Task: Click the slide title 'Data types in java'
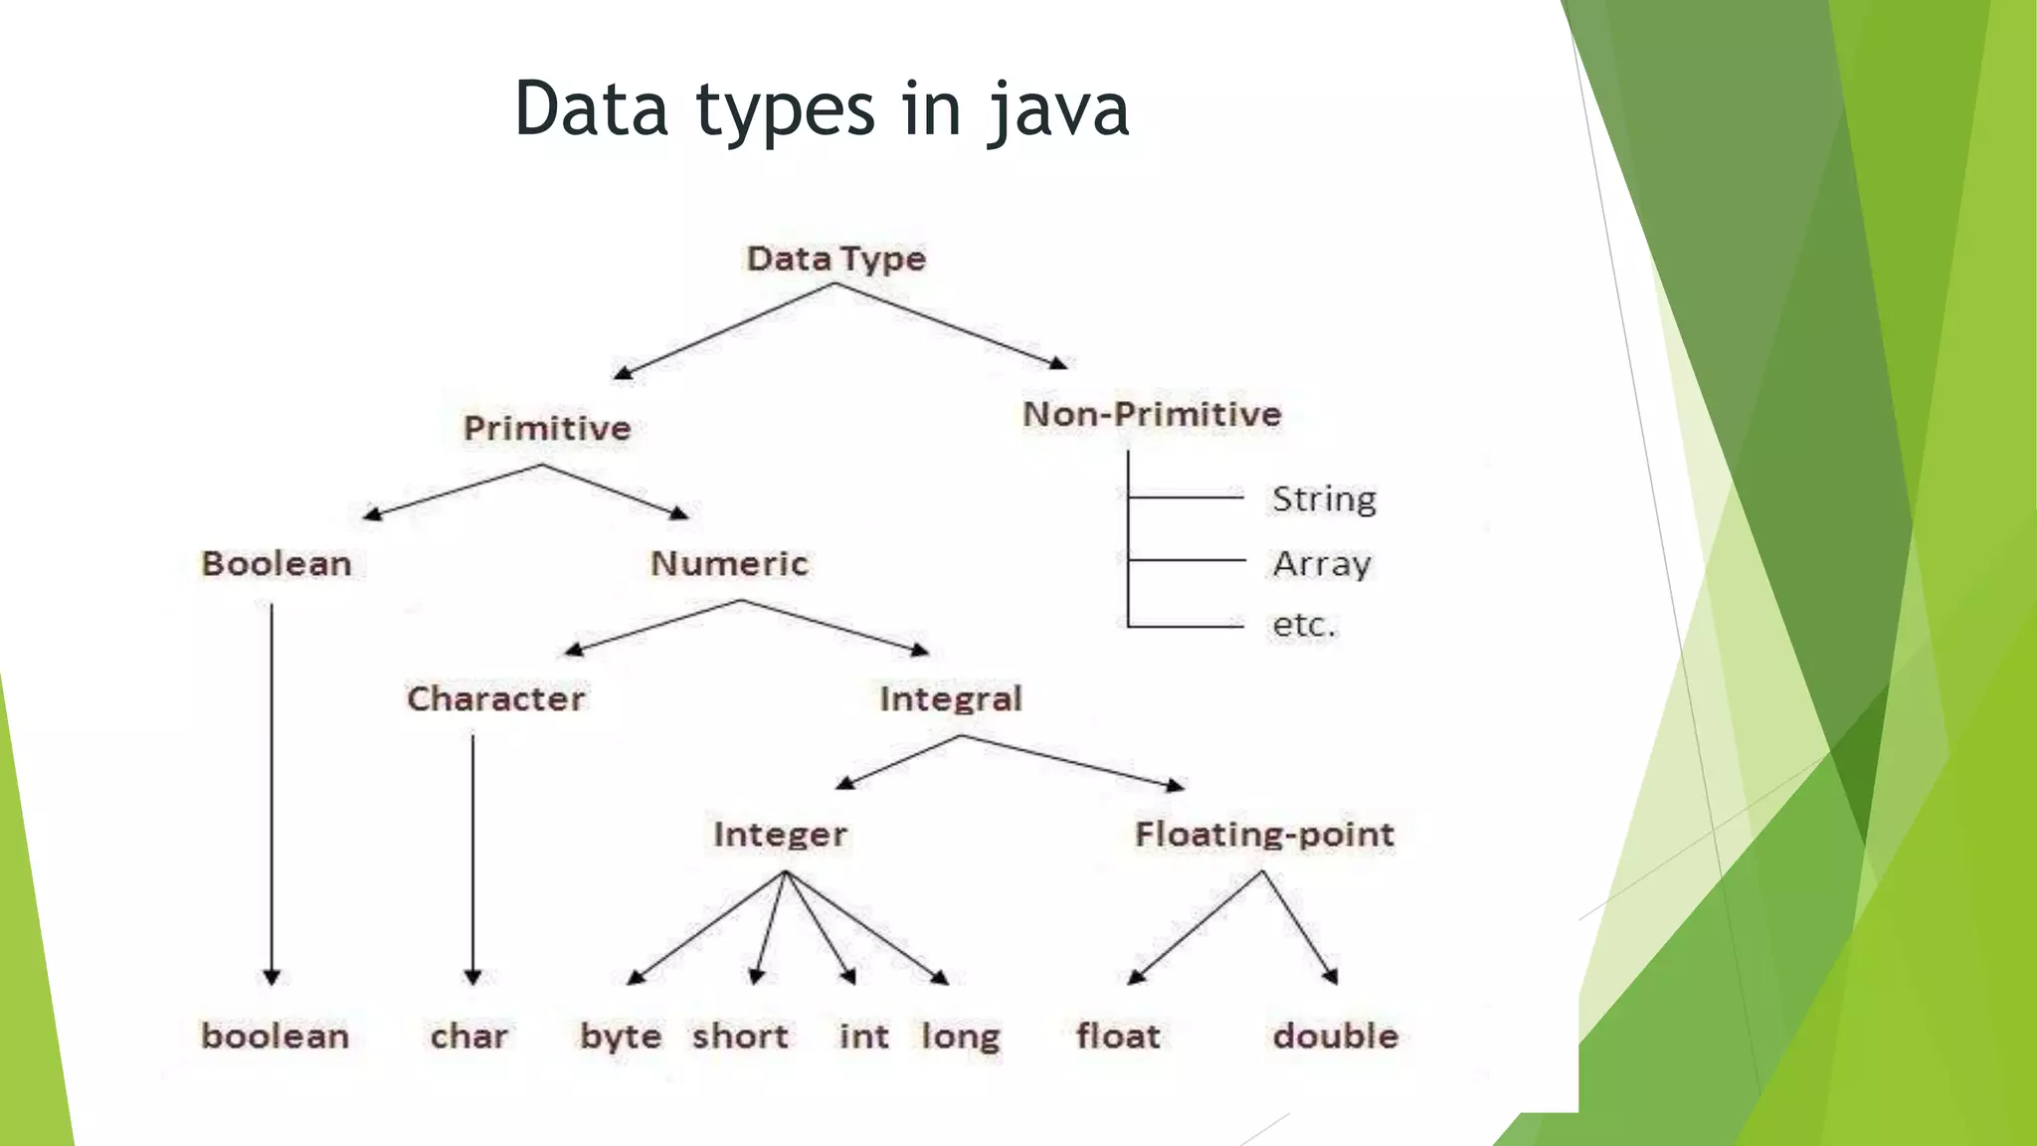click(822, 108)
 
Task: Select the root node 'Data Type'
click(836, 259)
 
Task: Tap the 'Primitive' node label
click(547, 429)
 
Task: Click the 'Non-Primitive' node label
click(1152, 414)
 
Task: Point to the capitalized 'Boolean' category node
click(277, 564)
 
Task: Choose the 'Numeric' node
click(729, 564)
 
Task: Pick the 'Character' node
click(495, 698)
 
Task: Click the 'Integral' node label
click(950, 698)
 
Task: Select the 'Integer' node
click(780, 834)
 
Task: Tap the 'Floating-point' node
click(1264, 834)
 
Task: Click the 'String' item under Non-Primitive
click(1324, 498)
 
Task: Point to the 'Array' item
click(1322, 564)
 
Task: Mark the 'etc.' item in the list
click(1304, 625)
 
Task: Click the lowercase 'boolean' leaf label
click(276, 1036)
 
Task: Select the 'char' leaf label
click(468, 1036)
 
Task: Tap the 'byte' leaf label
click(621, 1037)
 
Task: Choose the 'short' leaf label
click(740, 1036)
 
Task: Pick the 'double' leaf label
click(1336, 1036)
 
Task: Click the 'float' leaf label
click(1118, 1036)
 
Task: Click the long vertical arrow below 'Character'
click(472, 856)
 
